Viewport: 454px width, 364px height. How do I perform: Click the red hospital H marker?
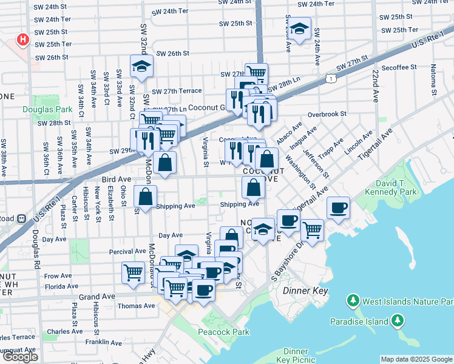tap(23, 41)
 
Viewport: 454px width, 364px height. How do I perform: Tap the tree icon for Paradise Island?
tap(398, 320)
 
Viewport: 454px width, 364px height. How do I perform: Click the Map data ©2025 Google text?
tap(416, 359)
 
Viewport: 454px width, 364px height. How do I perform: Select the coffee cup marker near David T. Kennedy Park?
tap(338, 209)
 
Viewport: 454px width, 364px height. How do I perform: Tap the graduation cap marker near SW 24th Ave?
tap(299, 29)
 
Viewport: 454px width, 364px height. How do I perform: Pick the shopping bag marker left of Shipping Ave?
tap(145, 197)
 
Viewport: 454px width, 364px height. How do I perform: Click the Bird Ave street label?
tap(116, 180)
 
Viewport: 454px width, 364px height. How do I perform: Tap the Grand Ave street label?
tap(97, 297)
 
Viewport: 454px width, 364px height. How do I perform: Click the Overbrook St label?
tap(327, 114)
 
